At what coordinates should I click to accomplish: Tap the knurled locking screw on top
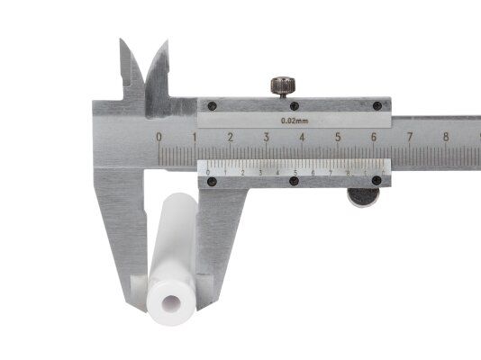tap(282, 86)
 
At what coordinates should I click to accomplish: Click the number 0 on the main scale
tap(159, 138)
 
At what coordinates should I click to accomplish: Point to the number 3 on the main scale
tap(267, 138)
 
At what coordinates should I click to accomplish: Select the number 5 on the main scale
tap(338, 138)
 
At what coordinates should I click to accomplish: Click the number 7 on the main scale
tap(409, 138)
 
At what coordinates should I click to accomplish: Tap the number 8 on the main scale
tap(445, 138)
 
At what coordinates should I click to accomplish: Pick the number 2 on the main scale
tap(231, 138)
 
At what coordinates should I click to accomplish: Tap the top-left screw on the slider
tap(212, 105)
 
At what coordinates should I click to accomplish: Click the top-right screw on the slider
tap(377, 105)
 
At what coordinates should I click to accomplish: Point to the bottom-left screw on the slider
tap(212, 181)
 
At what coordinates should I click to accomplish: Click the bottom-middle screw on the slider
tap(294, 181)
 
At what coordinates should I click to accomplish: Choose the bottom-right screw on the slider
tap(377, 181)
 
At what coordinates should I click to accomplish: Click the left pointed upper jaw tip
tap(123, 41)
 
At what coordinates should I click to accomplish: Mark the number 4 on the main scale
tap(302, 138)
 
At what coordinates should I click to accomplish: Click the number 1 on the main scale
tap(195, 138)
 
